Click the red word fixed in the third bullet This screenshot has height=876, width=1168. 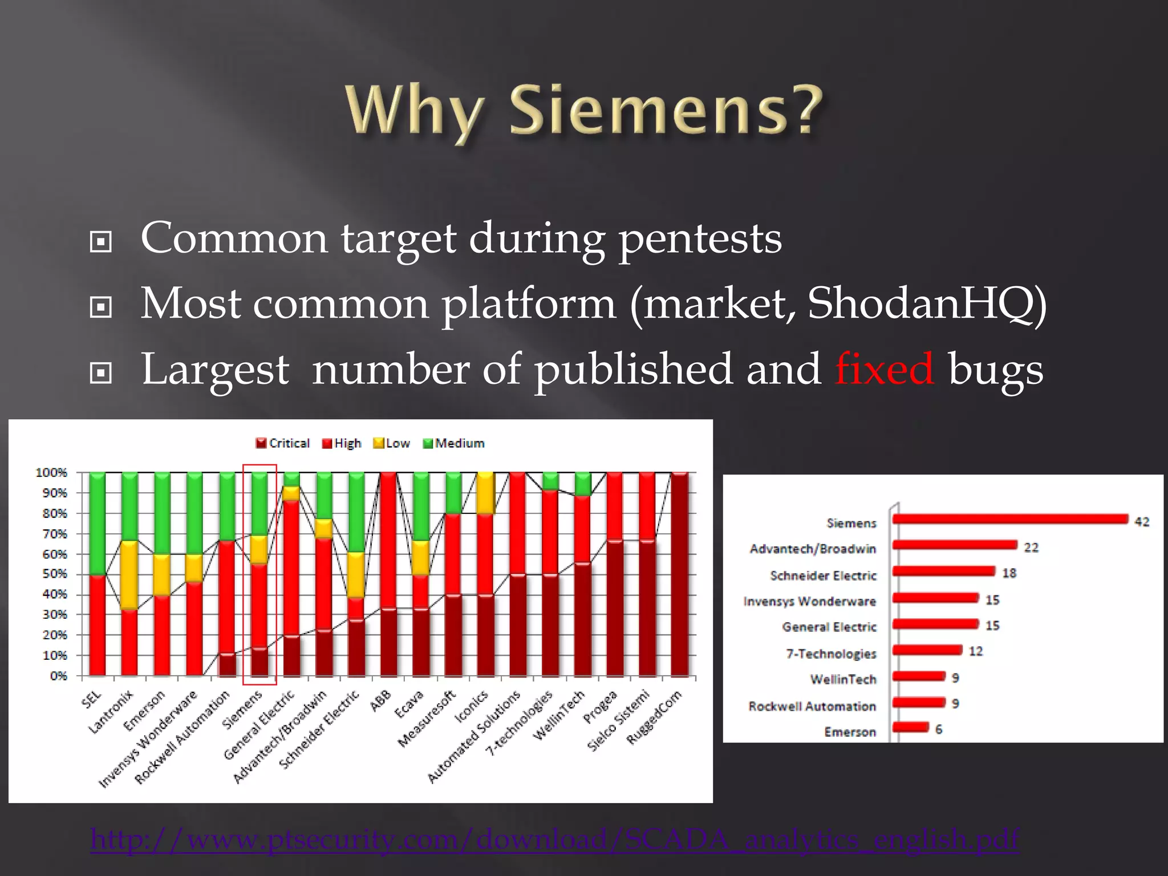point(884,370)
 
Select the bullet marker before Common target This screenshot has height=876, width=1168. point(101,242)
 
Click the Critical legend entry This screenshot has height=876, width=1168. point(283,443)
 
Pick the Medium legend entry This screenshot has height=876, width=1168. point(454,443)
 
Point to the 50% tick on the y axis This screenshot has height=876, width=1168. point(55,574)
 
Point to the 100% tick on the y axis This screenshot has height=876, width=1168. point(52,473)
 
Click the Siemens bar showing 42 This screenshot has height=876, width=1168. point(1009,518)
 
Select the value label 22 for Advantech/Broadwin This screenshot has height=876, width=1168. point(1031,547)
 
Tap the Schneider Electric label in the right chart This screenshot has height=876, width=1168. point(823,575)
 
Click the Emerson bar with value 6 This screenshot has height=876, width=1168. point(910,727)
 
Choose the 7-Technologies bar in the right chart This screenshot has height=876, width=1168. point(927,650)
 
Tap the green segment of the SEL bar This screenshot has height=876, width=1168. point(97,522)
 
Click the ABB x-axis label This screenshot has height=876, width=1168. point(381,700)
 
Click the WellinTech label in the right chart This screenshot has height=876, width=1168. point(843,679)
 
